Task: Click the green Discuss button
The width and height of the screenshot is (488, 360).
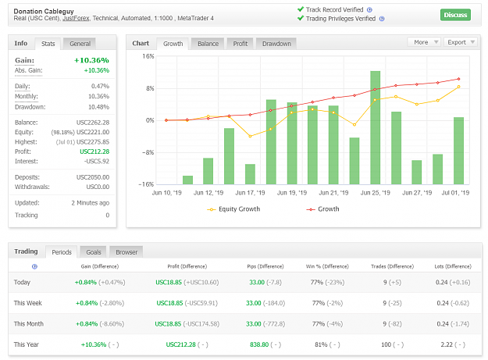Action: pyautogui.click(x=455, y=15)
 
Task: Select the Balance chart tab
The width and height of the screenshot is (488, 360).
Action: pyautogui.click(x=208, y=44)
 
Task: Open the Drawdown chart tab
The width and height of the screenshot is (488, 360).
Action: pyautogui.click(x=276, y=44)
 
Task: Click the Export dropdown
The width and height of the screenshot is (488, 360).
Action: pyautogui.click(x=461, y=42)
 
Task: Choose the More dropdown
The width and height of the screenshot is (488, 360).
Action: pyautogui.click(x=424, y=42)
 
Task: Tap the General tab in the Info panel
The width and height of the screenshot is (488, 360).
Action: pyautogui.click(x=80, y=44)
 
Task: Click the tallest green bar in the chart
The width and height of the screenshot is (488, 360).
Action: pyautogui.click(x=375, y=127)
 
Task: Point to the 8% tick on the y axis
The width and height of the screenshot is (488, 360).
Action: pyautogui.click(x=150, y=88)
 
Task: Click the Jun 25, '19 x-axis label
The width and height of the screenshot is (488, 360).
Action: pyautogui.click(x=375, y=193)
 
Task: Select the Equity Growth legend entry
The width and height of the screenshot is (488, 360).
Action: pyautogui.click(x=233, y=209)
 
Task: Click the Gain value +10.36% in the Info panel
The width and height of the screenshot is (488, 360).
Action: pyautogui.click(x=91, y=60)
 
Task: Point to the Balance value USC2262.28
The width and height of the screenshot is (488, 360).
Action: pyautogui.click(x=93, y=123)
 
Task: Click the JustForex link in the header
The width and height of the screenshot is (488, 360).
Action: pyautogui.click(x=76, y=19)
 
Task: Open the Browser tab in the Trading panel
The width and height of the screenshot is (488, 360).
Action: pyautogui.click(x=126, y=252)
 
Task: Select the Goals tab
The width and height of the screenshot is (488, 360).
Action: pyautogui.click(x=94, y=252)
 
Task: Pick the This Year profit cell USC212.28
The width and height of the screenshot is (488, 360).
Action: pyautogui.click(x=180, y=344)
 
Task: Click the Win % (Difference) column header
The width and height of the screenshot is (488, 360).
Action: pyautogui.click(x=327, y=266)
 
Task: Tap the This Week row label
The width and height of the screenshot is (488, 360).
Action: pyautogui.click(x=27, y=303)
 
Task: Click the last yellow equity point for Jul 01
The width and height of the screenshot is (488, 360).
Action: pyautogui.click(x=458, y=87)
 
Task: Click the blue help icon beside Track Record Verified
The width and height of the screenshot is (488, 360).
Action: pyautogui.click(x=369, y=10)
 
